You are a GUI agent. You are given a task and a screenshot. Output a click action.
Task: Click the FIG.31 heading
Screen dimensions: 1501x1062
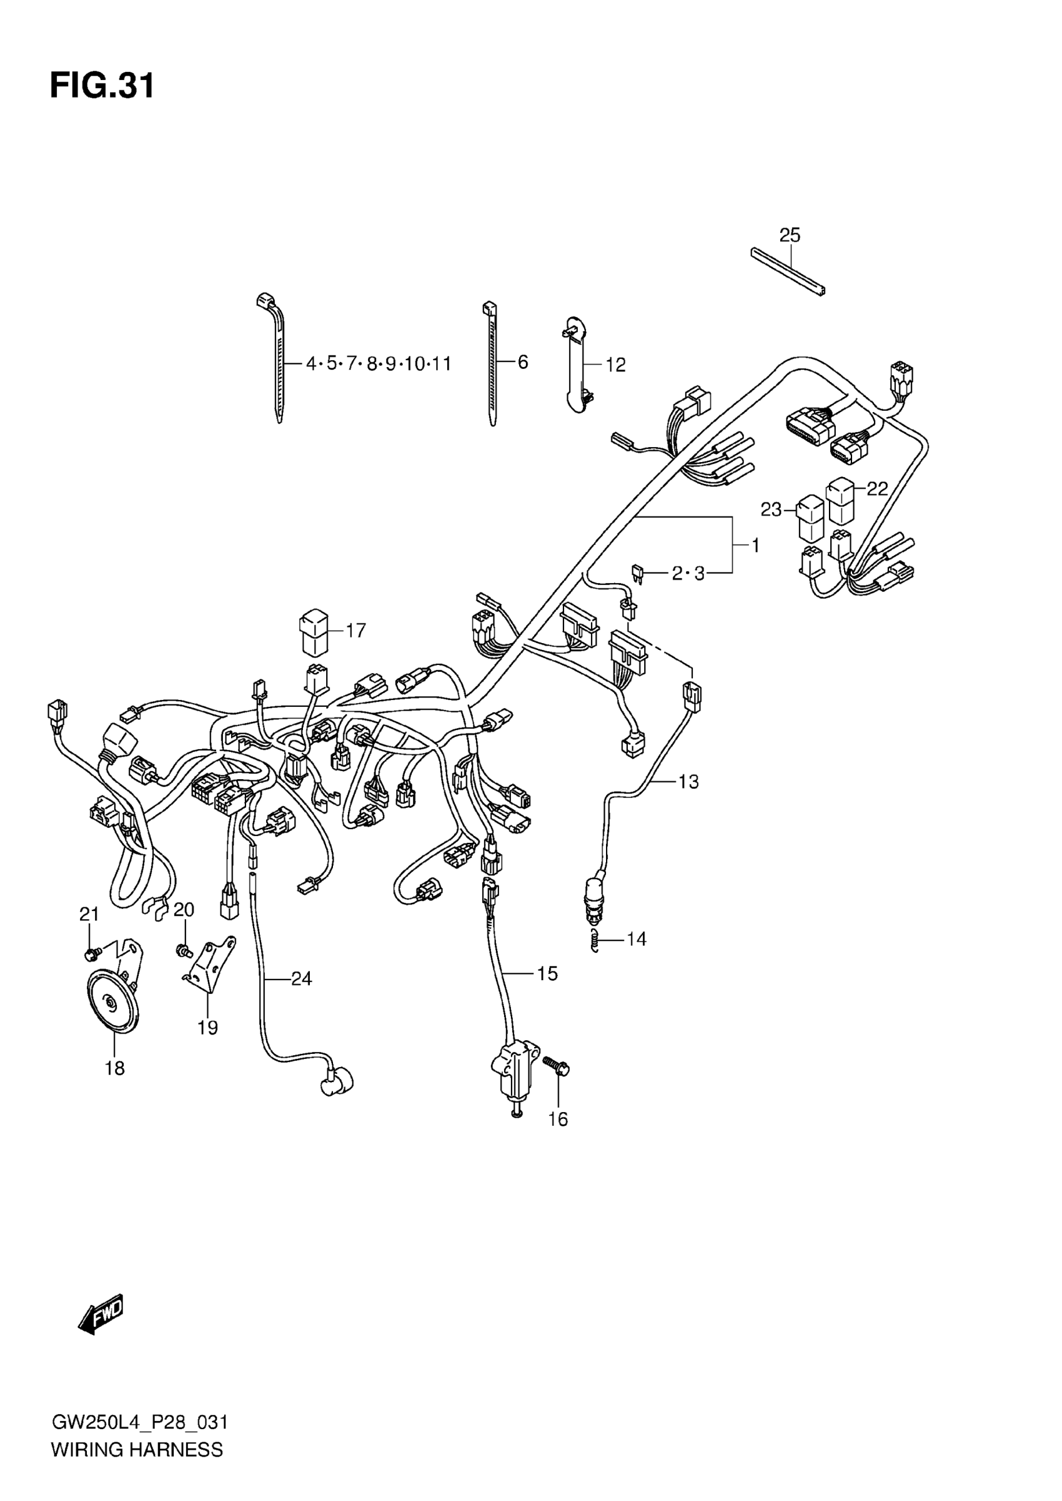tap(102, 86)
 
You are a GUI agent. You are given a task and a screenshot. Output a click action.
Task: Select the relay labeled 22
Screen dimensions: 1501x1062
tap(840, 501)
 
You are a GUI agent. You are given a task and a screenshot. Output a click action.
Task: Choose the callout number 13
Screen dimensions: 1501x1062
tap(688, 781)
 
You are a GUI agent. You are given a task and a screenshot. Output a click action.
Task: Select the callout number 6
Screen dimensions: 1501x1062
tap(522, 362)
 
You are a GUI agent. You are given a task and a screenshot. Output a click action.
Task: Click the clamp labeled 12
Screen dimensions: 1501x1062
tap(575, 365)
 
